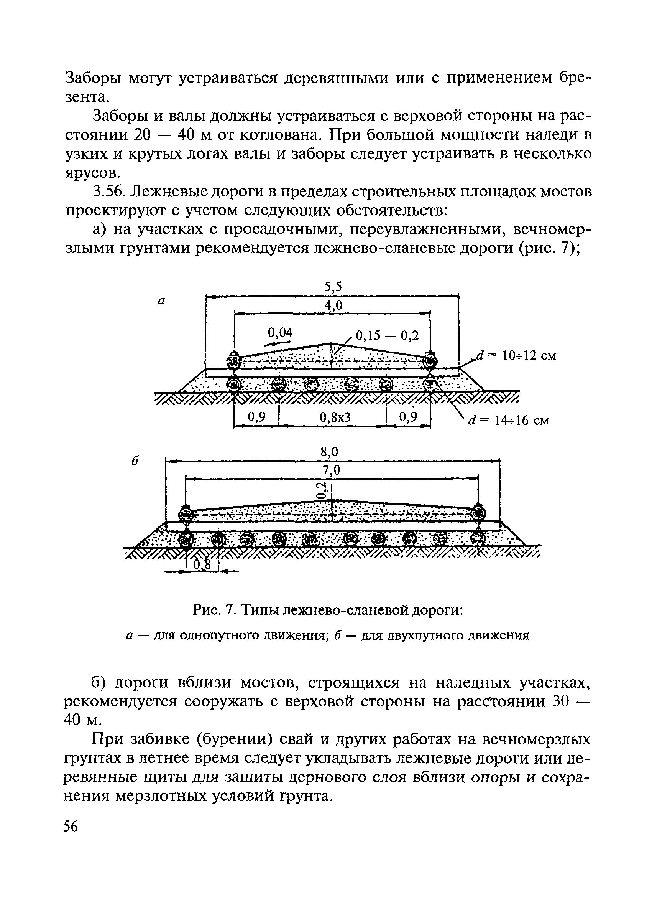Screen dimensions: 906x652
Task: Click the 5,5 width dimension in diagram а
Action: click(333, 287)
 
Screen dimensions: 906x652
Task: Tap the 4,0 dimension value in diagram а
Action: click(333, 305)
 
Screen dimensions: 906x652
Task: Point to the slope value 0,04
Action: click(280, 332)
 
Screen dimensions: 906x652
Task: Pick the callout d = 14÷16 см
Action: click(509, 420)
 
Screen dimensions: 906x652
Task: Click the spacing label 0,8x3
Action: click(335, 418)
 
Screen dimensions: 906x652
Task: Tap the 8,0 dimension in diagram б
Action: click(330, 452)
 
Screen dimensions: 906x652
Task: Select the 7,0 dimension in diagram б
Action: click(331, 470)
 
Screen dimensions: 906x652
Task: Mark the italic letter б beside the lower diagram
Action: click(135, 460)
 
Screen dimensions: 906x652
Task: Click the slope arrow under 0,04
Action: click(277, 343)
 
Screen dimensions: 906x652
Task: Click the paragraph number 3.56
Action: click(109, 192)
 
